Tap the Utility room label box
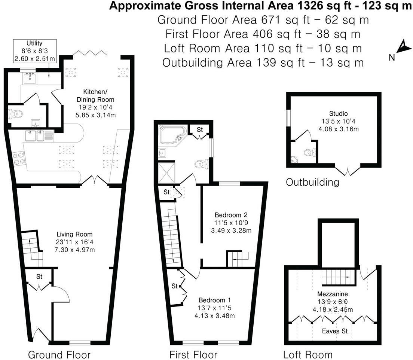pos(34,50)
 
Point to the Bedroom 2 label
pos(231,222)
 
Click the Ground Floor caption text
pos(59,354)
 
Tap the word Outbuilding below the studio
pos(312,182)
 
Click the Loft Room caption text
pos(308,354)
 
